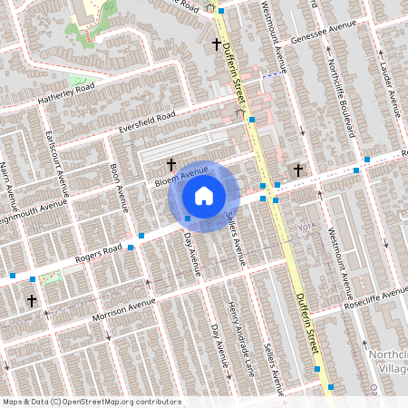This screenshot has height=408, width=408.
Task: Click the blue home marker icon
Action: (x=204, y=196)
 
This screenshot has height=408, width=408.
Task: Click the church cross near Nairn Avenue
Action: (x=32, y=299)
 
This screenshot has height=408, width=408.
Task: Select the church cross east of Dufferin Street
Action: (x=296, y=170)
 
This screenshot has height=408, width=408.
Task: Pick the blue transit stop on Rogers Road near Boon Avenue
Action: (x=131, y=247)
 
